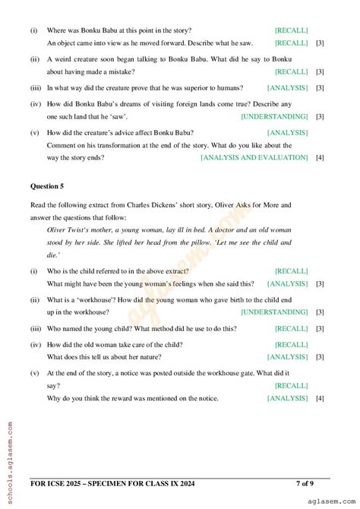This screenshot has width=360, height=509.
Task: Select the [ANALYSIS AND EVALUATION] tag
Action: (254, 157)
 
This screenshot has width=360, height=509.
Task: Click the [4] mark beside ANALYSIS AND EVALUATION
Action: (320, 157)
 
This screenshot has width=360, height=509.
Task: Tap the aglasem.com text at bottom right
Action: (330, 501)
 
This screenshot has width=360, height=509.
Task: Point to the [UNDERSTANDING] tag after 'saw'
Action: (274, 116)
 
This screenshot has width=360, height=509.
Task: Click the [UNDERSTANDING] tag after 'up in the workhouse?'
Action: (274, 311)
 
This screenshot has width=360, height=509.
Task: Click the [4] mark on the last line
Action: (320, 398)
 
